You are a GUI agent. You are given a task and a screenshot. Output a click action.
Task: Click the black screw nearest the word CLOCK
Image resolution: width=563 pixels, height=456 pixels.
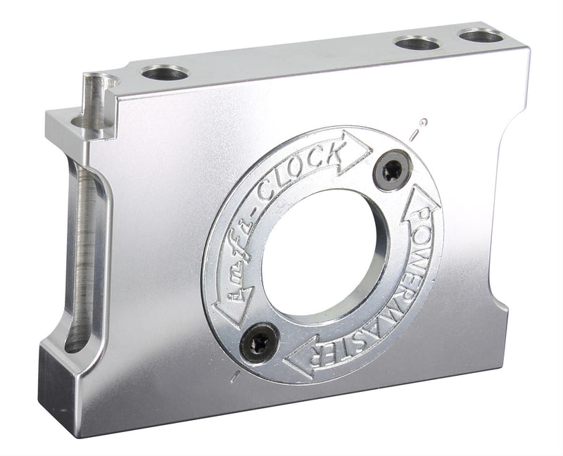(x=393, y=169)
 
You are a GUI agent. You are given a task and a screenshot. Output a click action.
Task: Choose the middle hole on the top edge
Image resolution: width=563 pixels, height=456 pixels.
(x=417, y=43)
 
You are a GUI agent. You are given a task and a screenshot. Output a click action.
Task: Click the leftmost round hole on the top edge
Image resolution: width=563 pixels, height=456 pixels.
(x=165, y=72)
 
